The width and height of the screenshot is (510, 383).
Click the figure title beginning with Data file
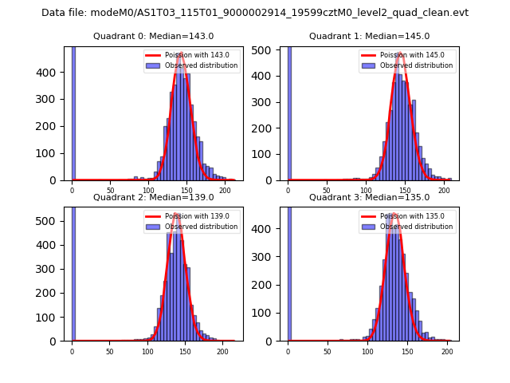(255, 13)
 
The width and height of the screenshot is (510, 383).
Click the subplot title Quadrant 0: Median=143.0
(153, 37)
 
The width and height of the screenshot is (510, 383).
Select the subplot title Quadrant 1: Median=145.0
(369, 37)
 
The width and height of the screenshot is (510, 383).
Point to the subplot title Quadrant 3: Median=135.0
(369, 197)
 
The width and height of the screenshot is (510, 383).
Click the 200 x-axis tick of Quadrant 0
(226, 191)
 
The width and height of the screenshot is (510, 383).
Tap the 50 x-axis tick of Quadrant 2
(110, 352)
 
